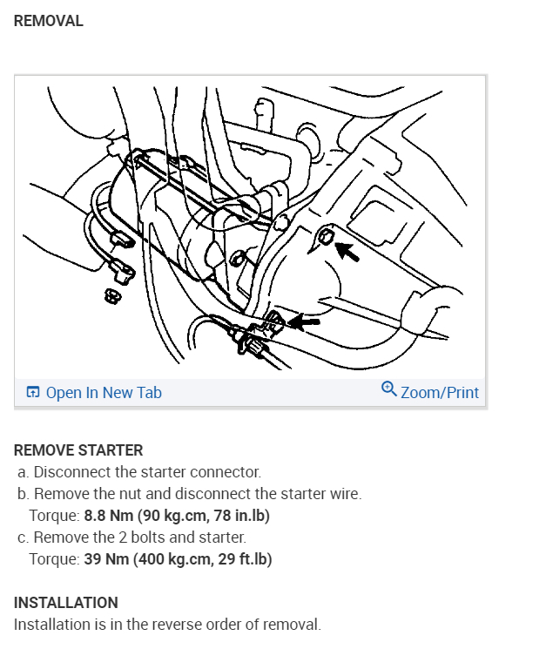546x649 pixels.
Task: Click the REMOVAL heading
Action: pyautogui.click(x=49, y=22)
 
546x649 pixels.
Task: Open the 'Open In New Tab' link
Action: pyautogui.click(x=104, y=393)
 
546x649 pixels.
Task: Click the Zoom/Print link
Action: pyautogui.click(x=439, y=393)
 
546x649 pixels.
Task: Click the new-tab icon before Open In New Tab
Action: pyautogui.click(x=33, y=393)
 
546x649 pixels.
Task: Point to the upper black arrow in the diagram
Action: pyautogui.click(x=347, y=252)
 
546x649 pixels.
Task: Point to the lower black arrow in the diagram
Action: pyautogui.click(x=303, y=322)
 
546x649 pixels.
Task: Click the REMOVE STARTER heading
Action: pyautogui.click(x=78, y=450)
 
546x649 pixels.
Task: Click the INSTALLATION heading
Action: pyautogui.click(x=66, y=603)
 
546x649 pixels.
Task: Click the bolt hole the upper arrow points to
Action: pyautogui.click(x=325, y=236)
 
